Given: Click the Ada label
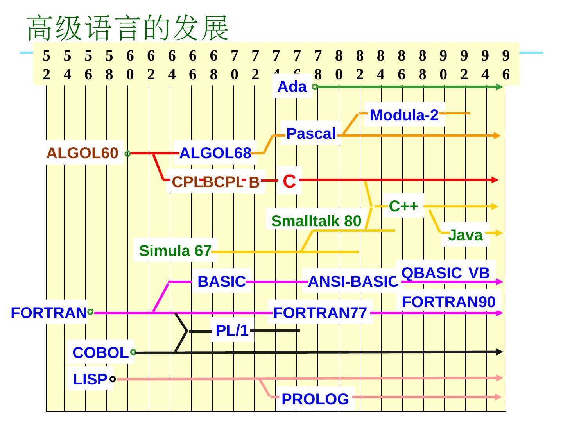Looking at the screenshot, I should click(292, 87).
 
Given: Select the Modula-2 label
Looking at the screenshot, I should click(404, 115).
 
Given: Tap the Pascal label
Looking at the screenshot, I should click(311, 134).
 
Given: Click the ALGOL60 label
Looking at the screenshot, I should click(82, 153).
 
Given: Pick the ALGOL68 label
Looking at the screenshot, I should click(215, 154).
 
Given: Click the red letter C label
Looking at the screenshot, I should click(289, 181).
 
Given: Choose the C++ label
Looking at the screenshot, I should click(403, 206).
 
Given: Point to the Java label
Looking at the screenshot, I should click(465, 235).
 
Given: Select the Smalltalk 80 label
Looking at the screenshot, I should click(316, 221).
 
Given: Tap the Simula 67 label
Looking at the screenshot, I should click(175, 250).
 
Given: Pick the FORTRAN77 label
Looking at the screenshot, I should click(320, 313).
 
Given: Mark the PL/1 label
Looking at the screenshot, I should click(232, 331).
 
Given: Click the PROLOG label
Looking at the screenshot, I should click(315, 399).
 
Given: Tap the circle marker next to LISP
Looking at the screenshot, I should click(113, 379).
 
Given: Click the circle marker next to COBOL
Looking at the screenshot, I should click(133, 352).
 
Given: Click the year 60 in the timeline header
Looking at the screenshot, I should click(130, 65).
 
